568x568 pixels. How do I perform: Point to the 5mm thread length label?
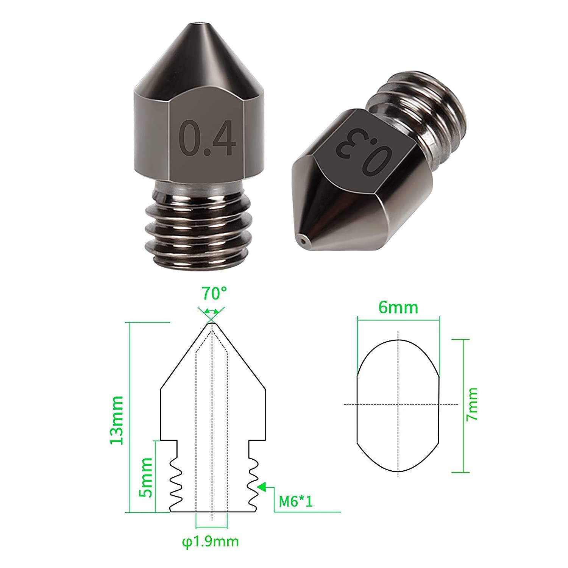[x=145, y=477]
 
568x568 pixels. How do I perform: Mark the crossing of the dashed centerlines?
[x=398, y=405]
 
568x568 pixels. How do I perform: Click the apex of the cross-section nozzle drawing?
[x=211, y=323]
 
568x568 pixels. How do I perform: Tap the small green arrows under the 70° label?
[x=211, y=312]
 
